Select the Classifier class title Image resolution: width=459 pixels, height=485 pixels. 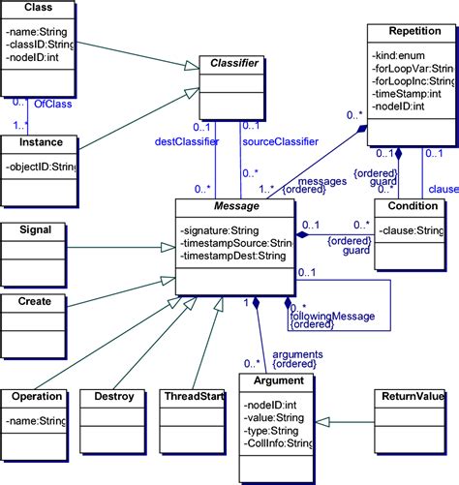[x=235, y=64]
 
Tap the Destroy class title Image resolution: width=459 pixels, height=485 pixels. [x=114, y=396]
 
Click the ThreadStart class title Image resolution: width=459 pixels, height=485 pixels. [x=194, y=396]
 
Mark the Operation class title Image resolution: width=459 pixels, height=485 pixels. [x=37, y=396]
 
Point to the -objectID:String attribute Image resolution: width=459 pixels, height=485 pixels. [x=41, y=167]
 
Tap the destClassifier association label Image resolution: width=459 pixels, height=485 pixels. [x=186, y=141]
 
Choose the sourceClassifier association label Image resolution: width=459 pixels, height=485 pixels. [x=281, y=141]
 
